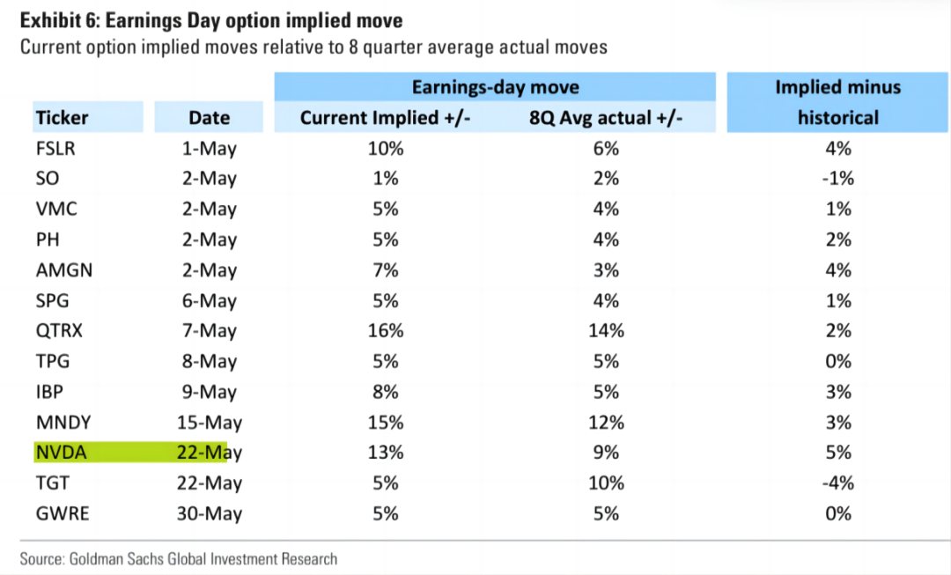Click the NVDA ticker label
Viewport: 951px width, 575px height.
62,453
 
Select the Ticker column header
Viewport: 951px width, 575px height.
62,117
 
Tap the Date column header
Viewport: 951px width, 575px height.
210,117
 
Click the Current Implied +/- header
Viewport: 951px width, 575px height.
385,117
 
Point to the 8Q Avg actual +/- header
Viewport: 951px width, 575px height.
606,117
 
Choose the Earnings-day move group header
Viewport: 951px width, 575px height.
496,87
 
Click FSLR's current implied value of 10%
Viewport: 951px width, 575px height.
386,149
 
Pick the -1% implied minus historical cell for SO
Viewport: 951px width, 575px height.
838,179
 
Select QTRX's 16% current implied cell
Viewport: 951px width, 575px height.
386,330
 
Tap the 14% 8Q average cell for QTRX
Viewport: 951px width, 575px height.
606,330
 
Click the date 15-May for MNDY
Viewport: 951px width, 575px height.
210,422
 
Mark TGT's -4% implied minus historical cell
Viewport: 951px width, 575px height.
838,483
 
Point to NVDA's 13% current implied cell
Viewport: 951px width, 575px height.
386,453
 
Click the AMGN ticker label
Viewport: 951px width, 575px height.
64,270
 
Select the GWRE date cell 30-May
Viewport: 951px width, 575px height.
210,513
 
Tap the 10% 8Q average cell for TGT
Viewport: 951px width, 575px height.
606,483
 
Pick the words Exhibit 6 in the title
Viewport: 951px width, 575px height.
58,20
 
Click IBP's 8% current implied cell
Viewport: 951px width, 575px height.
386,392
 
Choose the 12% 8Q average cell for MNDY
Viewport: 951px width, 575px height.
606,422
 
